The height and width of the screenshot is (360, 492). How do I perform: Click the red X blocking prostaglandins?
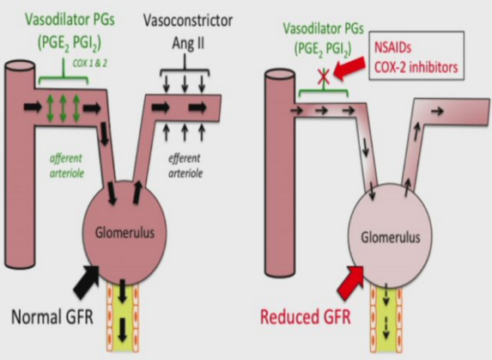coord(324,77)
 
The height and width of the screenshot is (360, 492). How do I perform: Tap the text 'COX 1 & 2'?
coord(90,63)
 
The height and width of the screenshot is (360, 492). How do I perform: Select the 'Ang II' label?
coord(188,43)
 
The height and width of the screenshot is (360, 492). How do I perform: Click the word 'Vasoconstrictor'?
coord(188,21)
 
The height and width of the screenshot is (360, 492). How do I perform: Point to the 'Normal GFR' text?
coord(52,316)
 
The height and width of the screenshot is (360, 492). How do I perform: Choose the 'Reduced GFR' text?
coord(306,317)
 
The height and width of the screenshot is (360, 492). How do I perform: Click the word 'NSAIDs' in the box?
coord(392,48)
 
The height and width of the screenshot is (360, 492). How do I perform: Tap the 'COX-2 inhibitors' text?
coord(416,67)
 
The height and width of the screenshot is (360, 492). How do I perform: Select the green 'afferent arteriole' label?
coord(67,166)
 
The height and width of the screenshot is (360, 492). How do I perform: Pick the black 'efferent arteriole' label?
coord(185,166)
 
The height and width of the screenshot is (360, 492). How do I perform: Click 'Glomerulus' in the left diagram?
coord(125,233)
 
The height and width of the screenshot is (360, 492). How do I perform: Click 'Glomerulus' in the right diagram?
coord(391,237)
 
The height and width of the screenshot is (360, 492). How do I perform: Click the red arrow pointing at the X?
coord(349,69)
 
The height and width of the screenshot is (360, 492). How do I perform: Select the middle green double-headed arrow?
coord(63,108)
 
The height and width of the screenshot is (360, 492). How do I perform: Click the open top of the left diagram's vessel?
coord(20,67)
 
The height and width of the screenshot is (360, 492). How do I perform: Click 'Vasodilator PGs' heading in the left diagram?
coord(70,19)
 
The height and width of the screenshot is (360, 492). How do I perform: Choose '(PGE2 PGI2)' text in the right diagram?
coord(323,49)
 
